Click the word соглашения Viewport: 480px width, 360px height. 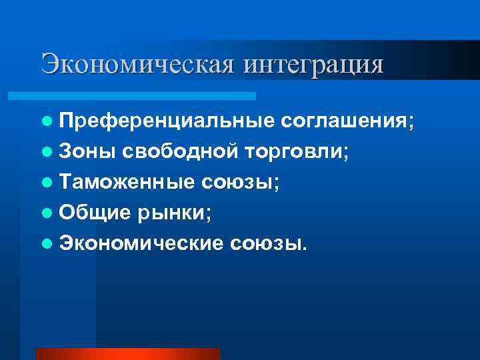point(347,121)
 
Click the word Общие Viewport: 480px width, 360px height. point(95,213)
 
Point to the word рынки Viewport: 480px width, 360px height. point(175,213)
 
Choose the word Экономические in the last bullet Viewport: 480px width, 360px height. point(141,243)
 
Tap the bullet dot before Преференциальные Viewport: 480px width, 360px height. point(45,122)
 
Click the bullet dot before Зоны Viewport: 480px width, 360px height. point(45,153)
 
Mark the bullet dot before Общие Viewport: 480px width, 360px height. point(45,213)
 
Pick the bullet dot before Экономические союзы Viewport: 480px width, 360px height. point(45,244)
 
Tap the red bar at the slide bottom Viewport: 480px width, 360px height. point(127,353)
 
